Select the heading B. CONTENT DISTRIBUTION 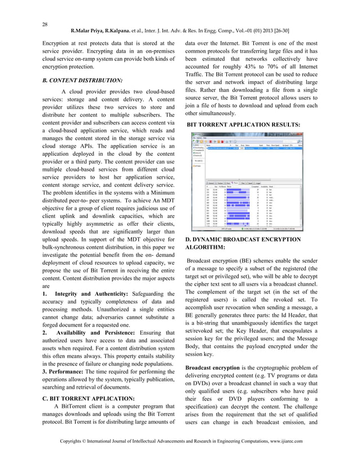(x=82, y=80)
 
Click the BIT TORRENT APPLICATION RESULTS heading (x=243, y=124)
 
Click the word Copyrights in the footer (x=73, y=441)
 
